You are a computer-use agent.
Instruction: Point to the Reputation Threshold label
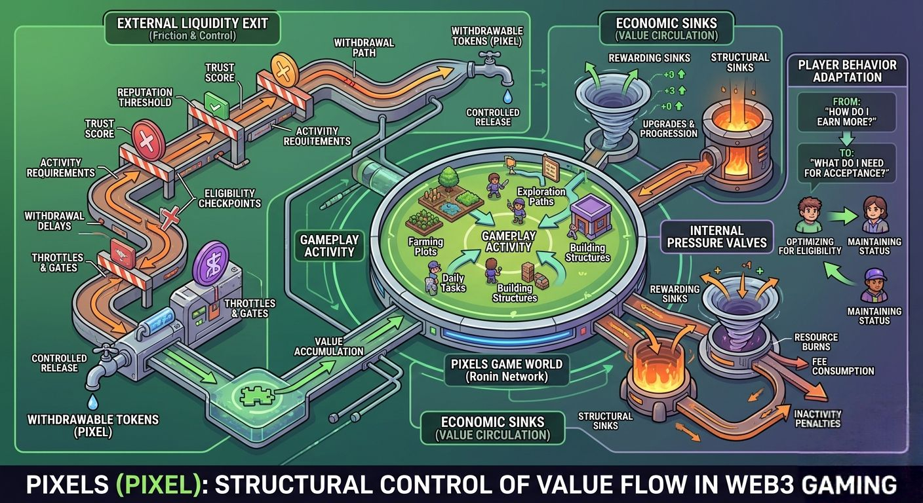click(145, 97)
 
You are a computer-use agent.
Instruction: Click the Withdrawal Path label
click(364, 47)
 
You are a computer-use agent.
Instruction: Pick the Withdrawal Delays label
click(54, 221)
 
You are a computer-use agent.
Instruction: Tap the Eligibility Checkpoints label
click(229, 198)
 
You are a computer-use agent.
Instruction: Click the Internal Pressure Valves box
click(717, 236)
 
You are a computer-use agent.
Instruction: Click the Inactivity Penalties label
click(817, 419)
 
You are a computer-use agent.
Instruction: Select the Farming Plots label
click(426, 247)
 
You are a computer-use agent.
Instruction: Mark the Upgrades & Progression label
click(669, 128)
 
